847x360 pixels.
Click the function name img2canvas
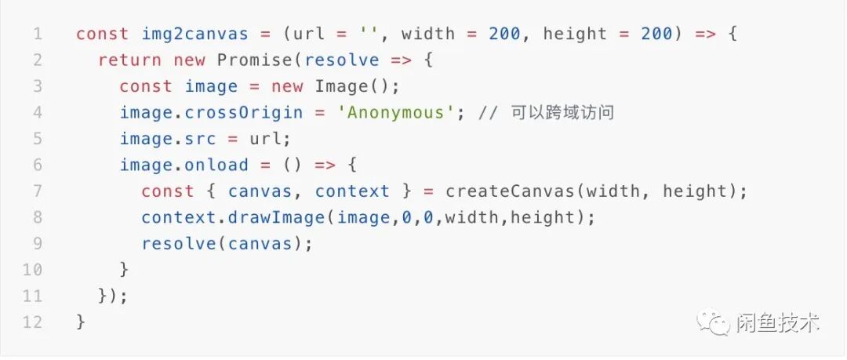(x=194, y=34)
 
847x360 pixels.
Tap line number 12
(x=32, y=322)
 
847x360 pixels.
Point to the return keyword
(x=130, y=60)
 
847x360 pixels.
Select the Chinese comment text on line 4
(x=562, y=112)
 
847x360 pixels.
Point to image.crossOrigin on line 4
(x=211, y=112)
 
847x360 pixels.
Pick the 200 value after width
(x=504, y=34)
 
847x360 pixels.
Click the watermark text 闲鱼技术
(x=778, y=322)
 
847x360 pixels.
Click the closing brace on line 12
(x=80, y=322)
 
